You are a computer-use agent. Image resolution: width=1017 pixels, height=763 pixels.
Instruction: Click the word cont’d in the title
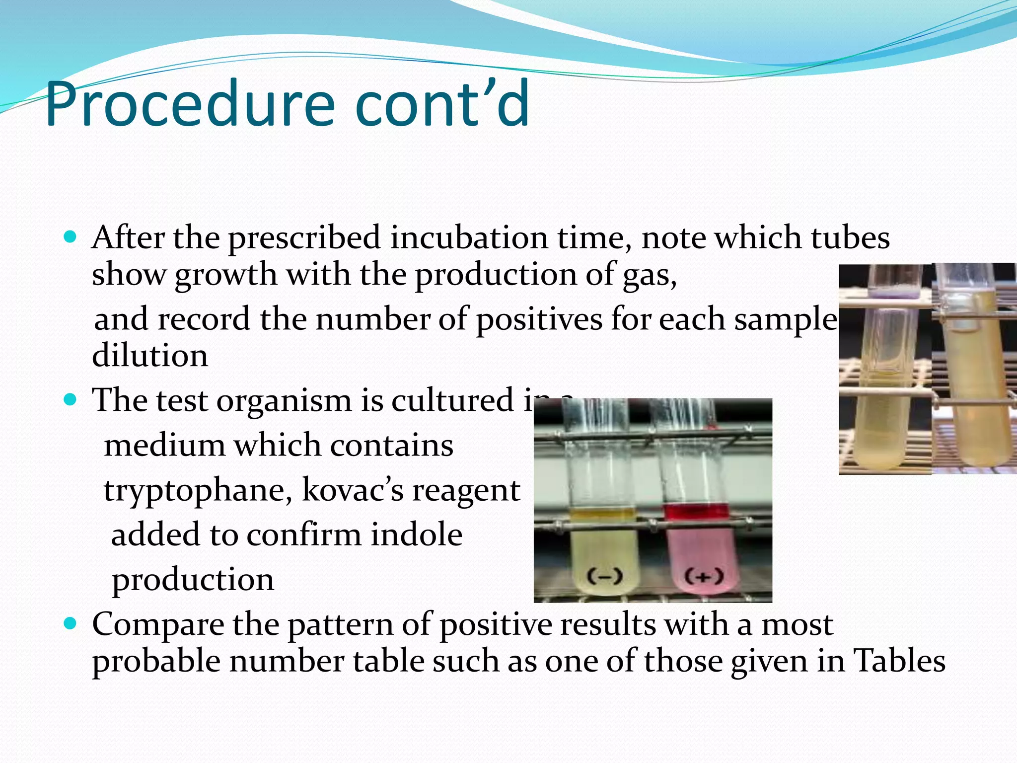pos(442,105)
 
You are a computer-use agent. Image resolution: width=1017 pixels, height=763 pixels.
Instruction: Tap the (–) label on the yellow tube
pos(605,577)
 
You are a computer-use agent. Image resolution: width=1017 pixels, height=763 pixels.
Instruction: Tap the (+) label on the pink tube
pos(704,577)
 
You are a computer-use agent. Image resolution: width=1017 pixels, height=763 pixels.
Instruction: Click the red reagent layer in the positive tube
pos(696,512)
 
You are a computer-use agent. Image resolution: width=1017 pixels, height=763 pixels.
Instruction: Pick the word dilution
pos(150,356)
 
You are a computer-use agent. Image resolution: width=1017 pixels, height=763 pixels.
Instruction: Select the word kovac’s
pos(353,490)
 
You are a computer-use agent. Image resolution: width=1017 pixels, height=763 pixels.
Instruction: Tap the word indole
pos(417,535)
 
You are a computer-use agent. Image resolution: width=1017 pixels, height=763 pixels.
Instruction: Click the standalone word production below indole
pos(193,580)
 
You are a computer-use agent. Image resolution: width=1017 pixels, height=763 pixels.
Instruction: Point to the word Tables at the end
pos(899,661)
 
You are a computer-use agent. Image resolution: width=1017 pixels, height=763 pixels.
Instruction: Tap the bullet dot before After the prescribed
pos(71,236)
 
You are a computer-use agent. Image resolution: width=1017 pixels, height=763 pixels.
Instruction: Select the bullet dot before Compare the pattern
pos(71,623)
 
